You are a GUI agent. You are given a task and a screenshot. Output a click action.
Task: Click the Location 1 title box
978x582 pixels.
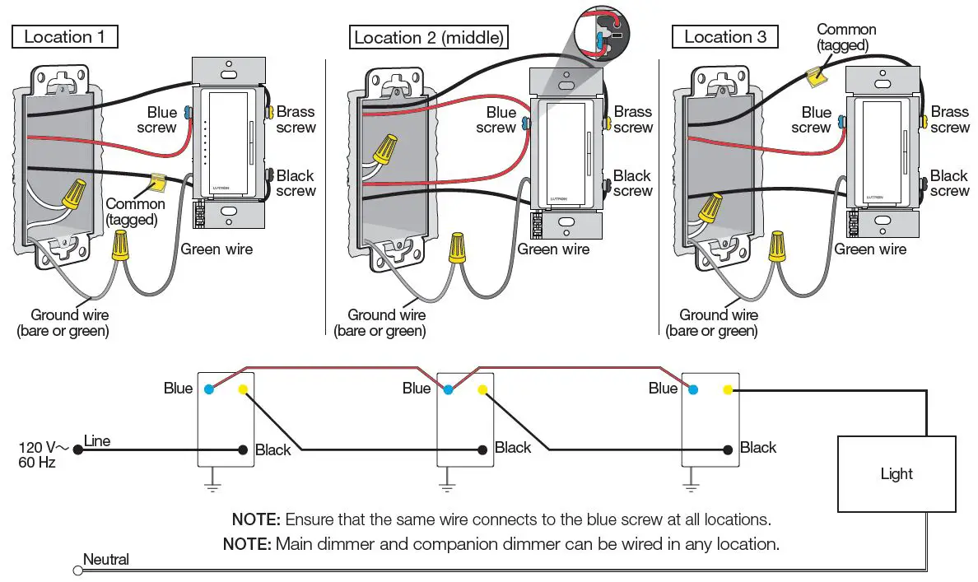tap(64, 36)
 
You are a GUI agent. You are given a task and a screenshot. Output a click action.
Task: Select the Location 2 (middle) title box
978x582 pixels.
tap(428, 37)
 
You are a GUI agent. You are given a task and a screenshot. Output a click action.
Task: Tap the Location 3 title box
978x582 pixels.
tap(725, 37)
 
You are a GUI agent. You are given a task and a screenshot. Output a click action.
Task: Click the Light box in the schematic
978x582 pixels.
tap(896, 473)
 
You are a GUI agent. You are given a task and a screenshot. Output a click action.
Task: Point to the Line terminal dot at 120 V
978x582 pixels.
tap(77, 449)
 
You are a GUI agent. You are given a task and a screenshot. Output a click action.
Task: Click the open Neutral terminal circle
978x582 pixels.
tap(78, 570)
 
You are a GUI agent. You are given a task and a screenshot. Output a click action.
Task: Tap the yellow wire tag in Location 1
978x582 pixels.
tap(156, 180)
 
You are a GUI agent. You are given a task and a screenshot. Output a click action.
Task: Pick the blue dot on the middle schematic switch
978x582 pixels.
tap(448, 389)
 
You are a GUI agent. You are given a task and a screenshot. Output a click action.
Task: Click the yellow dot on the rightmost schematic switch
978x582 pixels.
tap(726, 389)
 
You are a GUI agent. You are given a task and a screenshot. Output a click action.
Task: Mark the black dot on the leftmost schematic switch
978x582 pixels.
tap(243, 449)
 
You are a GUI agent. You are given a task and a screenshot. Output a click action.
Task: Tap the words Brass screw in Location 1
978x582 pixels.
tap(296, 119)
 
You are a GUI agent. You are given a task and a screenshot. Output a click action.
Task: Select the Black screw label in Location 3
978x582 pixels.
tap(949, 183)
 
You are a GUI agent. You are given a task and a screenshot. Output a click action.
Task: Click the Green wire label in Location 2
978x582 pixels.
tap(553, 249)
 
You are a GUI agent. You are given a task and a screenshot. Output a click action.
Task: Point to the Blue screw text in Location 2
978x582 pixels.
tap(497, 120)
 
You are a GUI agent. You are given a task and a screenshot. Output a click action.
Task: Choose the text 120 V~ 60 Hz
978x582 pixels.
tap(38, 454)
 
